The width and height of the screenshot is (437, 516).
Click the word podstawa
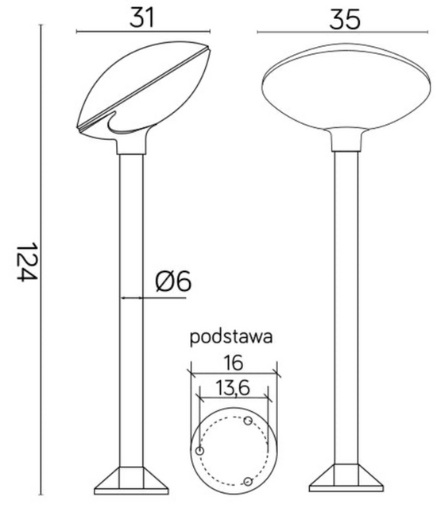(x=232, y=336)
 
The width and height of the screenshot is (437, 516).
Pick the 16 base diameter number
(x=232, y=364)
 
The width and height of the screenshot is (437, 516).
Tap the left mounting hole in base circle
(x=200, y=451)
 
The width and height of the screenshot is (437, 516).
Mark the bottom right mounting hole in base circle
(x=248, y=482)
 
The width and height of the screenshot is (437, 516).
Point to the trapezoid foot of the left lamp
(x=132, y=481)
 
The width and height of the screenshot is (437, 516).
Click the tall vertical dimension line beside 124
(x=41, y=262)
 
